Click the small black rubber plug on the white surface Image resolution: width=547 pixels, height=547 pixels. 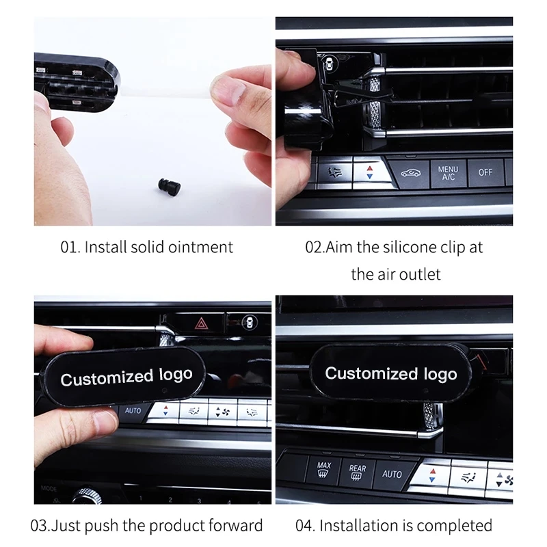coord(169,185)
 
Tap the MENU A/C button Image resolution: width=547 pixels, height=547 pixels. coord(449,174)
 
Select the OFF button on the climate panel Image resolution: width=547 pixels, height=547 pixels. coord(485,172)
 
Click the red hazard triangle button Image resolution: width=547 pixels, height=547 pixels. coord(201,323)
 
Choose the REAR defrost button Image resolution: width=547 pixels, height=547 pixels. coord(358,472)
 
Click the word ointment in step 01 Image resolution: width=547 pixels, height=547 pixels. coord(200,248)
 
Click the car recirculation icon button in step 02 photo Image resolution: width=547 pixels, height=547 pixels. coord(411,173)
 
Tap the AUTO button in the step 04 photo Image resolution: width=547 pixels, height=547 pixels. coord(392,474)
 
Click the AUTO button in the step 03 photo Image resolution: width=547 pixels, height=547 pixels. coord(133,411)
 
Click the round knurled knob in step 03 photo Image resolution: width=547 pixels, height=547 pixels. coord(87,496)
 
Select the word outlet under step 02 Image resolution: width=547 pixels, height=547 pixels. coord(420,275)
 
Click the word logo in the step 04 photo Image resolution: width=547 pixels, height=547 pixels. coord(440,375)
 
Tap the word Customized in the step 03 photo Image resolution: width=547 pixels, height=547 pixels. coord(107,378)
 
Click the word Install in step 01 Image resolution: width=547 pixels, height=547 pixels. coord(106,248)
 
